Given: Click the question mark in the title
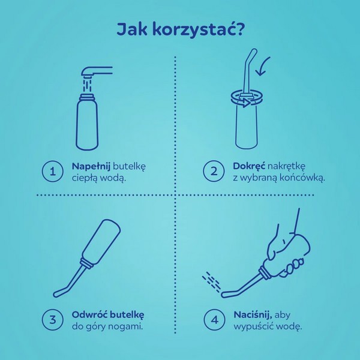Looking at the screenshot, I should click(x=238, y=30).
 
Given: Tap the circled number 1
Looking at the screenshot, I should click(x=52, y=171).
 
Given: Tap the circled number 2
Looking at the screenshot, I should click(x=214, y=171).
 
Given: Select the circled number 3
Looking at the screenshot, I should click(x=52, y=320).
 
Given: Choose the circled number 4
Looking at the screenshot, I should click(x=214, y=320).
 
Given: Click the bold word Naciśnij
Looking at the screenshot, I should click(x=251, y=314).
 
